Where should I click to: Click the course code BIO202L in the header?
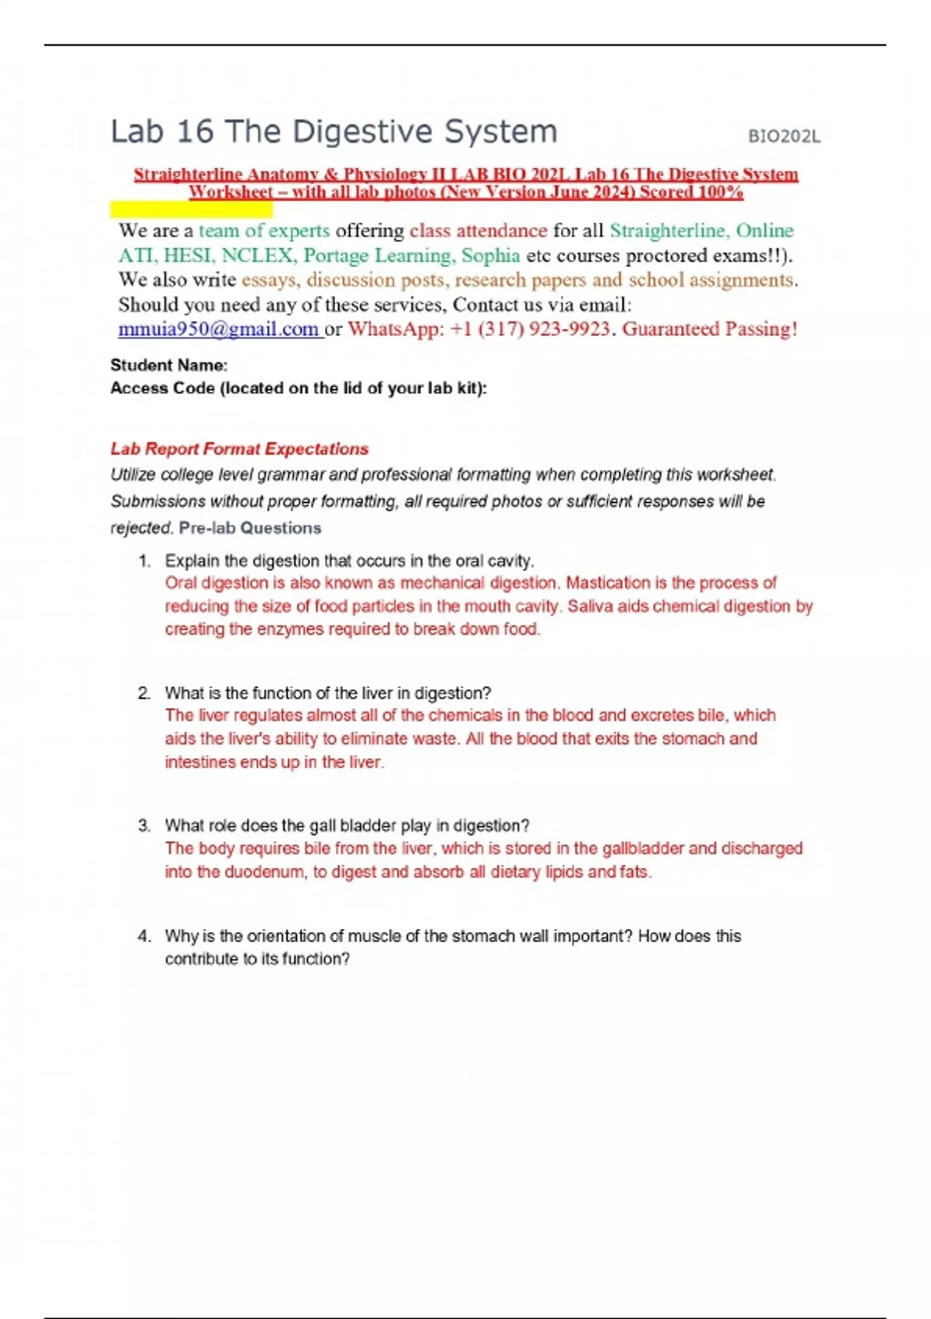pos(784,137)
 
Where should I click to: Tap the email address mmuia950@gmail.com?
pos(218,329)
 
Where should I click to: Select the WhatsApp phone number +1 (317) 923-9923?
pos(529,329)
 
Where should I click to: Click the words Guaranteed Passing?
pos(709,329)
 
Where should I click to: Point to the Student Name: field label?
pos(168,365)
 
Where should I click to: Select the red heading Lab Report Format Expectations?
pos(239,448)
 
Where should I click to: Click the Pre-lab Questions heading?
pos(250,528)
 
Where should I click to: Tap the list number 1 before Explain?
pos(144,561)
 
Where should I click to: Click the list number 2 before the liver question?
pos(144,693)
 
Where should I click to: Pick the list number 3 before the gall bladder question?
pos(144,826)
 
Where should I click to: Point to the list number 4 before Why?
pos(144,936)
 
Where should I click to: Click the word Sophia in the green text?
pos(490,255)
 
